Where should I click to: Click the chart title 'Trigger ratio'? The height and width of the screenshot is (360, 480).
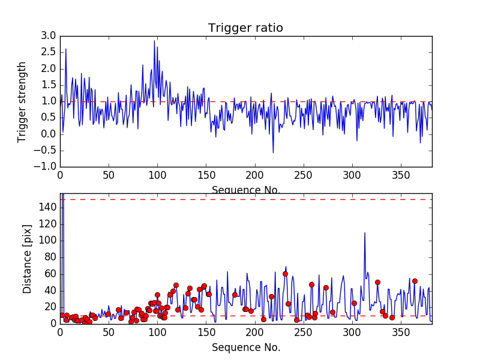click(x=245, y=28)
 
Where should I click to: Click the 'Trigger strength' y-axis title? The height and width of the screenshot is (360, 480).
click(x=22, y=101)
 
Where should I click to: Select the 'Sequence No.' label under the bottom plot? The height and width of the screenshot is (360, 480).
click(x=246, y=347)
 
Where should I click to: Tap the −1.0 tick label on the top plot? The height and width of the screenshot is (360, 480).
click(x=45, y=166)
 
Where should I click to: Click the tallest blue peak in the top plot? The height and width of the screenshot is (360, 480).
click(x=154, y=41)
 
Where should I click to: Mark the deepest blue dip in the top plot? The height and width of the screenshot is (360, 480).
click(x=273, y=152)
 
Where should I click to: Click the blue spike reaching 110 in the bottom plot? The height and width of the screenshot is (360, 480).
click(x=364, y=233)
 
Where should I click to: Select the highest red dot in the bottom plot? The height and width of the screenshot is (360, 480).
click(x=285, y=274)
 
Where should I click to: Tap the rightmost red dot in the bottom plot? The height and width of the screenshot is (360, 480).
click(x=415, y=281)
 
